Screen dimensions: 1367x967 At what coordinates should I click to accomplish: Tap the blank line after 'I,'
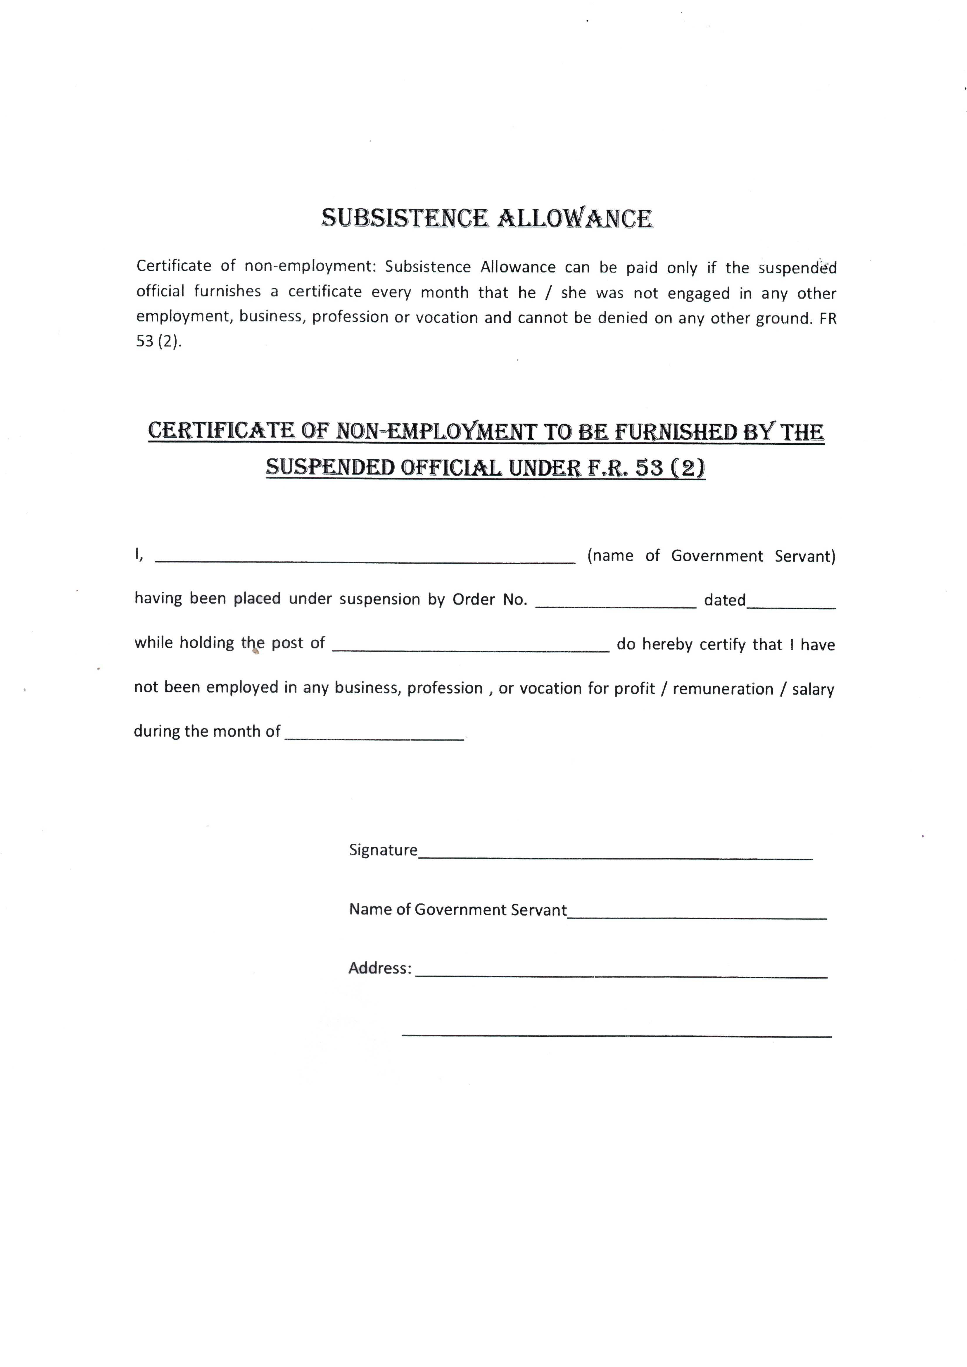(x=365, y=560)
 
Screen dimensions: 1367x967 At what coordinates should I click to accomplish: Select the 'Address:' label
(x=379, y=968)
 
